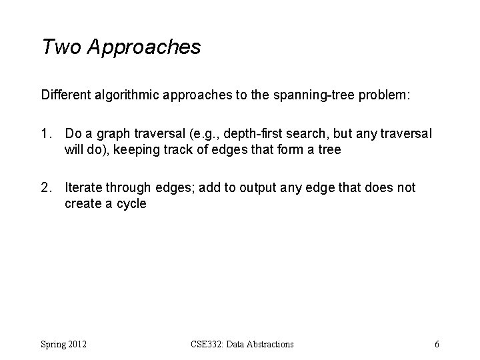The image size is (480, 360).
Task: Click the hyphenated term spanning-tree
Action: click(326, 95)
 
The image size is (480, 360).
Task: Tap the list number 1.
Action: click(45, 134)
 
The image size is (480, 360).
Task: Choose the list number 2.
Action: click(45, 188)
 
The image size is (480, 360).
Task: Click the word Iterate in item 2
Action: click(83, 188)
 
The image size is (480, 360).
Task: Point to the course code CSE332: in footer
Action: click(205, 344)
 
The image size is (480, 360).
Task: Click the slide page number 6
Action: click(436, 344)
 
